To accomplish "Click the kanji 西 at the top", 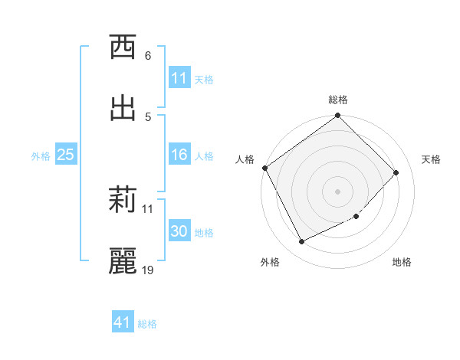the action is (x=123, y=48).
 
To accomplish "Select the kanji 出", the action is (x=123, y=108).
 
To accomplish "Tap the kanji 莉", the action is (x=123, y=201).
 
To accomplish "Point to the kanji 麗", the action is (x=123, y=261).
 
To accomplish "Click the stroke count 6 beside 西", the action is (x=147, y=56).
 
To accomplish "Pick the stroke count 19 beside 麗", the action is (x=148, y=270).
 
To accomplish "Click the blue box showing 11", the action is (x=179, y=78).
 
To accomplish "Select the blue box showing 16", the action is (x=179, y=155).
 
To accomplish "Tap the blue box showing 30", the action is (x=179, y=231).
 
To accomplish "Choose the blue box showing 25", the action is (x=66, y=155).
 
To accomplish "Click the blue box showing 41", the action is (x=123, y=322).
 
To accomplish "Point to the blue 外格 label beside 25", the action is (x=41, y=155).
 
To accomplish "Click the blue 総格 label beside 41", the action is (x=147, y=323).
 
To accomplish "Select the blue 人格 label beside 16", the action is (x=204, y=155).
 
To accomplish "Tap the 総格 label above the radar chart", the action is (x=338, y=100).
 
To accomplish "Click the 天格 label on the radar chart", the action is (x=431, y=159).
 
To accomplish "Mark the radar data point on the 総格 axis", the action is (x=338, y=116).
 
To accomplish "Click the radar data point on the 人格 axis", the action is (x=265, y=168).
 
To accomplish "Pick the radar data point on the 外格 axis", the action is (x=301, y=242).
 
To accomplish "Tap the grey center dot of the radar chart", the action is (x=338, y=191).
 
